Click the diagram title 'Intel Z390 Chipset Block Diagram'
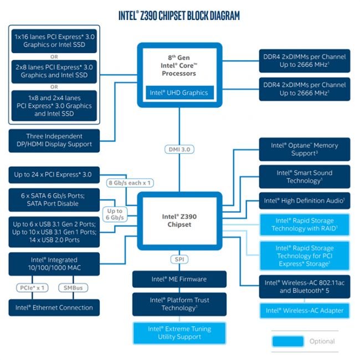pyautogui.click(x=179, y=16)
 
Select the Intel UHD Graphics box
pyautogui.click(x=179, y=92)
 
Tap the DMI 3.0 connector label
pyautogui.click(x=179, y=150)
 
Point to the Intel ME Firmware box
pyautogui.click(x=179, y=279)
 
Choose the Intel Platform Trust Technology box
pyautogui.click(x=179, y=304)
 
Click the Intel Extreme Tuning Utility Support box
pyautogui.click(x=179, y=333)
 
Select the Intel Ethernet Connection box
pyautogui.click(x=54, y=307)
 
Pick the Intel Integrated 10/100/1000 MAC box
pyautogui.click(x=54, y=264)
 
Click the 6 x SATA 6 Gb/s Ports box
pyautogui.click(x=54, y=199)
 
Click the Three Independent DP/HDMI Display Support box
pyautogui.click(x=54, y=141)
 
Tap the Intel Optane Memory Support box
pyautogui.click(x=304, y=149)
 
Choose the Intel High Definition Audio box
pyautogui.click(x=304, y=200)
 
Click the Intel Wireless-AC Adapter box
pyautogui.click(x=304, y=310)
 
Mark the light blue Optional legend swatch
pyautogui.click(x=287, y=341)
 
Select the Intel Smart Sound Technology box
pyautogui.click(x=304, y=177)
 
